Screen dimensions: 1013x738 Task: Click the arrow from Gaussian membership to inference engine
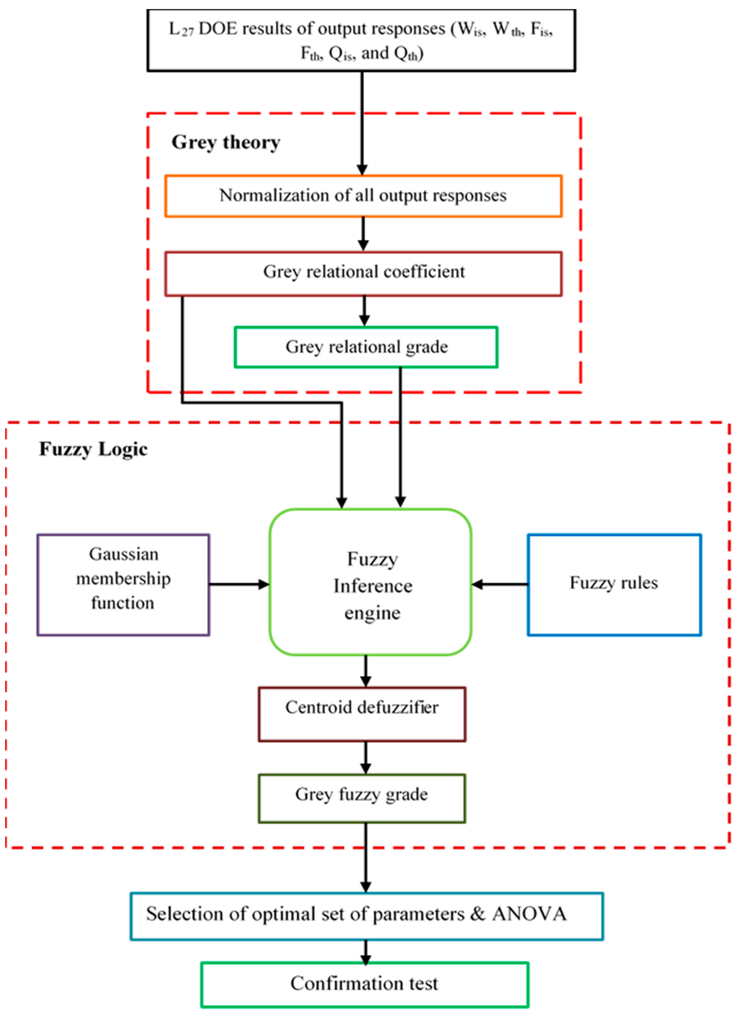[x=239, y=584]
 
